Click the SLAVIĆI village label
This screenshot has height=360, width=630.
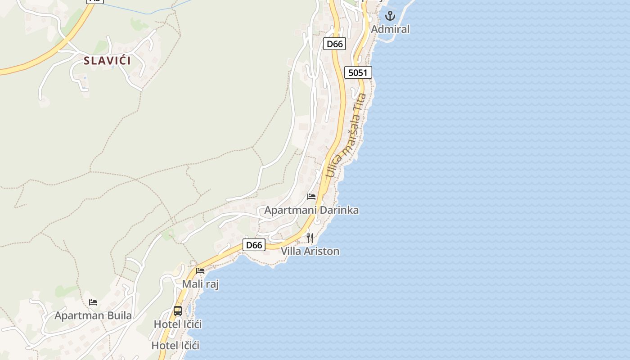tap(107, 60)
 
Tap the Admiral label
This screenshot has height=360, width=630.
tap(390, 29)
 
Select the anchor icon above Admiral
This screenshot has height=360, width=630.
tap(390, 17)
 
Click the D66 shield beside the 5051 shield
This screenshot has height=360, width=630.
tap(334, 44)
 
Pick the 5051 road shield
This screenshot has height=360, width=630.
tap(358, 72)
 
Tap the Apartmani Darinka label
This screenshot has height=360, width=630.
tap(311, 210)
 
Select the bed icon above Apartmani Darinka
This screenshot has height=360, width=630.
tap(311, 197)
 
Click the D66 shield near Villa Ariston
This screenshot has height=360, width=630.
tap(254, 245)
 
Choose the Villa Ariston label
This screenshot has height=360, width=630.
tap(310, 251)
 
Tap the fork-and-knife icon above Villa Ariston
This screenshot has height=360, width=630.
tap(310, 238)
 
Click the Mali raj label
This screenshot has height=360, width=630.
tap(200, 284)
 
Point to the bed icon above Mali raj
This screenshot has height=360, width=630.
tap(200, 271)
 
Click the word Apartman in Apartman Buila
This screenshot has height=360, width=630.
tap(79, 315)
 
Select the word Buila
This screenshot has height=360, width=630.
tap(119, 315)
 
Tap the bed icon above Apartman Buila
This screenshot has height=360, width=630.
tap(93, 302)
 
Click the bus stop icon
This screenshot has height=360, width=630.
tap(178, 310)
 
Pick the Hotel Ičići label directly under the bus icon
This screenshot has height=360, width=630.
tap(178, 324)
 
